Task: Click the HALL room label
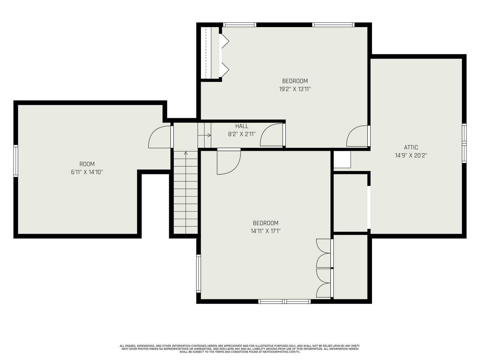point(241,126)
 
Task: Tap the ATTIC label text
point(411,147)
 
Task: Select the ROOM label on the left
point(87,164)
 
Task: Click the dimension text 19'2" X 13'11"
point(295,89)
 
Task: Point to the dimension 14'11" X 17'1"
point(265,231)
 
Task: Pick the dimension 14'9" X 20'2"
point(411,155)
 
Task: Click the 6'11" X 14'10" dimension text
point(87,172)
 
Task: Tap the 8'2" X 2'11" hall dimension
point(241,134)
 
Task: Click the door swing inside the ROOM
point(159,137)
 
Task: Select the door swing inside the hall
point(271,135)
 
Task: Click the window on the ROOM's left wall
point(16,161)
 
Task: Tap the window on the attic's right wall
point(464,143)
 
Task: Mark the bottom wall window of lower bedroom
point(284,301)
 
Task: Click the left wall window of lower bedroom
point(198,273)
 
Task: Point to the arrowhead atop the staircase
point(186,153)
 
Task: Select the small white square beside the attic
point(342,159)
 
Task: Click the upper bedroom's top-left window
point(239,25)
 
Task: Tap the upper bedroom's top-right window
point(333,25)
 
